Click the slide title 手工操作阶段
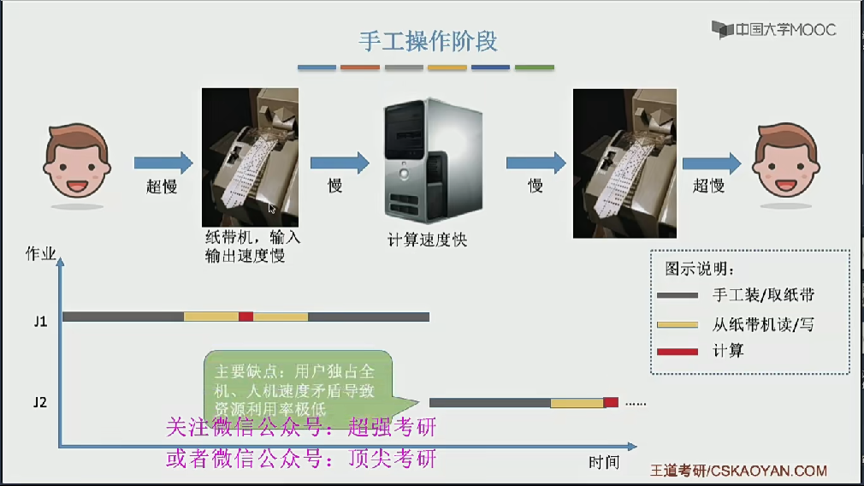click(428, 41)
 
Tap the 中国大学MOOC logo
click(774, 30)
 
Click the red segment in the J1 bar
click(246, 317)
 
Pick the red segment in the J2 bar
click(611, 402)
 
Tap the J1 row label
click(40, 322)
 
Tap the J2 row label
click(40, 400)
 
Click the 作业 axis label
click(41, 253)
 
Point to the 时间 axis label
click(603, 462)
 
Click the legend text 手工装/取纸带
click(762, 296)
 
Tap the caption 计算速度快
click(428, 240)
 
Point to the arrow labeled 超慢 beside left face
click(163, 163)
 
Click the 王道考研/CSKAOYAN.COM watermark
click(739, 471)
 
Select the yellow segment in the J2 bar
click(577, 402)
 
